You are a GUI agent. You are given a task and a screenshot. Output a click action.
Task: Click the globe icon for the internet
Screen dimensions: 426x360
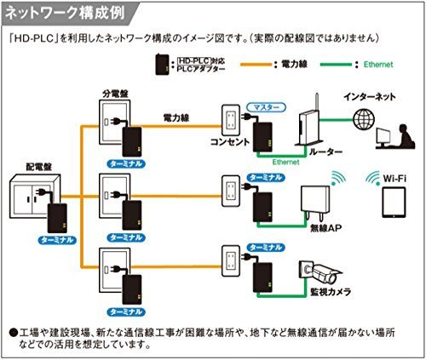click(364, 119)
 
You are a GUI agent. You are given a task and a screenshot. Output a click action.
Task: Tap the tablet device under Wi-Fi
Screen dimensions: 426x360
click(394, 203)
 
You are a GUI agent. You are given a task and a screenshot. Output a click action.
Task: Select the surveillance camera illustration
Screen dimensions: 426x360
click(320, 272)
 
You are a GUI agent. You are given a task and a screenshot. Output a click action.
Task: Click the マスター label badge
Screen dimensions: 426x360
click(266, 107)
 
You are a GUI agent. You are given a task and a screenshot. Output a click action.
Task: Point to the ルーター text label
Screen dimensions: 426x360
click(325, 152)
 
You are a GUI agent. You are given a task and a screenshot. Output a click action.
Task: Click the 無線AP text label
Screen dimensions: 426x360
click(325, 228)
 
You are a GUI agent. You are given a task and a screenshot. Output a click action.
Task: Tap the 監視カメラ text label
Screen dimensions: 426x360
click(331, 292)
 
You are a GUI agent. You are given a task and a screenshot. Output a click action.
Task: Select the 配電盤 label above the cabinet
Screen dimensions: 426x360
click(39, 167)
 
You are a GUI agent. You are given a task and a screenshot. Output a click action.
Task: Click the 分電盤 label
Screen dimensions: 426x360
click(115, 94)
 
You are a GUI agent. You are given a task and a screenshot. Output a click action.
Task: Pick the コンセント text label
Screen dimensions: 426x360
click(230, 142)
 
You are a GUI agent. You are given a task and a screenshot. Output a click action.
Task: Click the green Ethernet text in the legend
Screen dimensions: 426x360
click(378, 65)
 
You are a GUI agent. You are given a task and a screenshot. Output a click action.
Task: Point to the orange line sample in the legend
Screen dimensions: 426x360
click(256, 65)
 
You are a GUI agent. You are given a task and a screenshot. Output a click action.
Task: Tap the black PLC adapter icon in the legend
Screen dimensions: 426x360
click(162, 65)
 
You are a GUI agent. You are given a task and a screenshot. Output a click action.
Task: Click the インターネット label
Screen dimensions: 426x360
click(369, 97)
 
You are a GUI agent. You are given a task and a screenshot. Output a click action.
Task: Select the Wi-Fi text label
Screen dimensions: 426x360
click(394, 179)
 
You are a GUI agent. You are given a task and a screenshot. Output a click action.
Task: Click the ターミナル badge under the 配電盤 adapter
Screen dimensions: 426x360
click(57, 240)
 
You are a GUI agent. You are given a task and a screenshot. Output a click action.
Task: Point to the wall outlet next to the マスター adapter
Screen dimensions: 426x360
click(231, 120)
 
